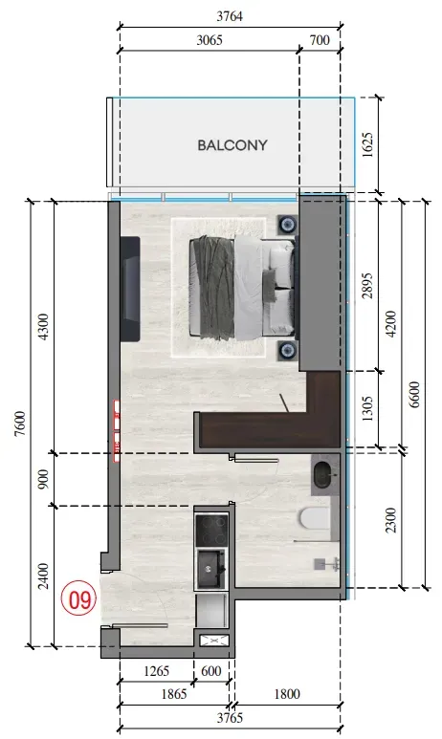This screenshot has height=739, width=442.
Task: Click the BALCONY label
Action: coord(232,145)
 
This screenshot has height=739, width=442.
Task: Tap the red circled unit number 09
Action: coord(79,599)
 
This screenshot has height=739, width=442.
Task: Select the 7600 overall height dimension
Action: coord(20,424)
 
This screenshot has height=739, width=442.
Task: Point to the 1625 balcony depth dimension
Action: coord(368,144)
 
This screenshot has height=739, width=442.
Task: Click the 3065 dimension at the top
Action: coord(209,40)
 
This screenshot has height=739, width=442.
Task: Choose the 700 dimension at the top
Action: coord(320,40)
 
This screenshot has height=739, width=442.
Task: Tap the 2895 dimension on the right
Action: coord(368,286)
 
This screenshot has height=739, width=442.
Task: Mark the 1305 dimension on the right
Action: coord(368,408)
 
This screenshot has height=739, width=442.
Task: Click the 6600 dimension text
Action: coord(414,395)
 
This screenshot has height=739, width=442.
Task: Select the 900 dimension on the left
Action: coord(43,479)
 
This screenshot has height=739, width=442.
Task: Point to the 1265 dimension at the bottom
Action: coord(156,671)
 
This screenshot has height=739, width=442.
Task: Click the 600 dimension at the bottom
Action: coord(210,671)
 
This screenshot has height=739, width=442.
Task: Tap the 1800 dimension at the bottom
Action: coord(287,694)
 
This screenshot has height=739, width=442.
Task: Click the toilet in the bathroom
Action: coord(314,518)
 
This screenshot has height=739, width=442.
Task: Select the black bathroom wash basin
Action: coord(322,474)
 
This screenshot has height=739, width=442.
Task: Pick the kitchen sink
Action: coord(210,570)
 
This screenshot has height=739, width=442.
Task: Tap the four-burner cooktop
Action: coord(211,531)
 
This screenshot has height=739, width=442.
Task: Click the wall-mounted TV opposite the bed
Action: coord(130,289)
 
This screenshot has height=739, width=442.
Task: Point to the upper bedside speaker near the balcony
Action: coord(287,224)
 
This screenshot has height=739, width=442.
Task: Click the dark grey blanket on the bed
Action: coord(212,287)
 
